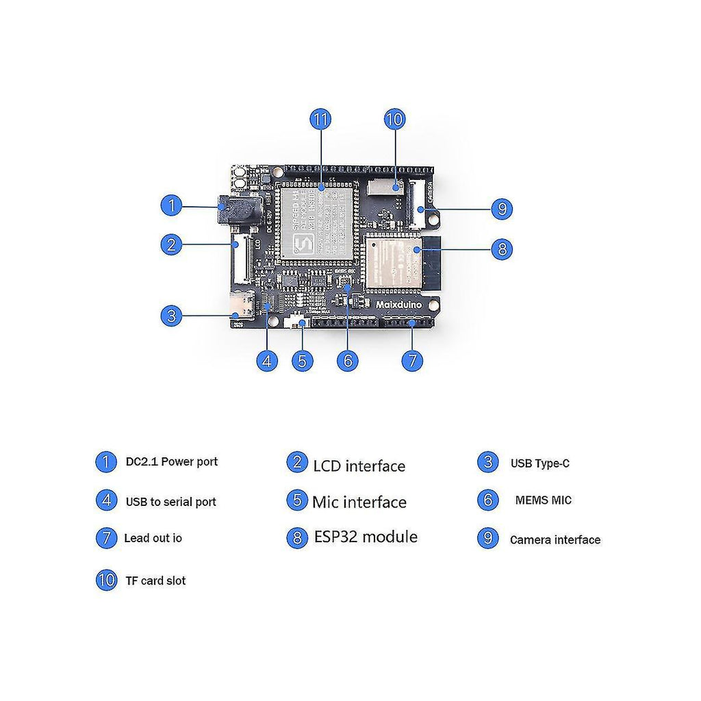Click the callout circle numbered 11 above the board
(x=320, y=119)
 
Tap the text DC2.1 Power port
(x=171, y=461)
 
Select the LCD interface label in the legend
(x=359, y=466)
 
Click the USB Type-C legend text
(x=539, y=463)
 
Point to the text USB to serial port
(x=170, y=502)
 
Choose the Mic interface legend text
(x=359, y=502)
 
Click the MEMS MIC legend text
(x=543, y=500)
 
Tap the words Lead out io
(x=153, y=538)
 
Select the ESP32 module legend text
(x=366, y=537)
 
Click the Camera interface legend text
(x=555, y=539)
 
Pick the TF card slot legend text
(x=155, y=581)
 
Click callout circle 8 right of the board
(x=502, y=248)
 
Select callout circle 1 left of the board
(x=171, y=205)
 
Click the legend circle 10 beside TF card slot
(x=106, y=581)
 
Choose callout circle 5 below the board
(x=303, y=361)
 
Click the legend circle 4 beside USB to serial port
(x=106, y=500)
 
